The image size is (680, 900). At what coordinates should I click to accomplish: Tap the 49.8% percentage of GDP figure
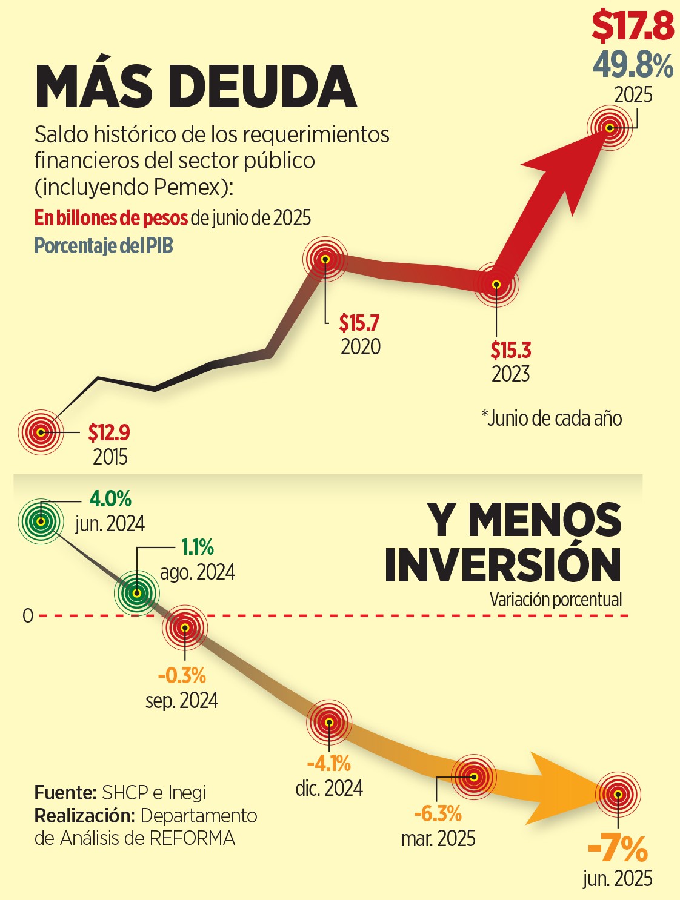(x=633, y=65)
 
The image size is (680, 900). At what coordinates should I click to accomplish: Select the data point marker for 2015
(x=41, y=432)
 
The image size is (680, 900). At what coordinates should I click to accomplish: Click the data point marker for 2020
(x=325, y=259)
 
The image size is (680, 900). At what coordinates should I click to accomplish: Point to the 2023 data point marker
(x=496, y=284)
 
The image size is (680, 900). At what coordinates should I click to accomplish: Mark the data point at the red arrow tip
(x=610, y=127)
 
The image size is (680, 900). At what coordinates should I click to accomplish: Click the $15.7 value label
(x=359, y=323)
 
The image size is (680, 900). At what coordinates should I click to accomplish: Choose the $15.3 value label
(x=510, y=350)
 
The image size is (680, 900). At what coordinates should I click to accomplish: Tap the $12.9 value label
(x=109, y=432)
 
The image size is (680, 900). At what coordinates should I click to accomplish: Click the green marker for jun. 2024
(x=41, y=521)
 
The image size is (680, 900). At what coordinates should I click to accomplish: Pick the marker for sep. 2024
(x=185, y=627)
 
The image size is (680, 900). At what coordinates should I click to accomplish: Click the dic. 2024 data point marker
(x=329, y=722)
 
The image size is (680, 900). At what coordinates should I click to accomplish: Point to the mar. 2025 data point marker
(x=474, y=776)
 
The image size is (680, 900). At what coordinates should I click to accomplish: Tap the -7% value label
(x=618, y=849)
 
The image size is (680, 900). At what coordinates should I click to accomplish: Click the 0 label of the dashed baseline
(x=28, y=616)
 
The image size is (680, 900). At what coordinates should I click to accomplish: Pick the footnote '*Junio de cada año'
(x=552, y=418)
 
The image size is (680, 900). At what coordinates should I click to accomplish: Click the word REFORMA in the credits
(x=192, y=838)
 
